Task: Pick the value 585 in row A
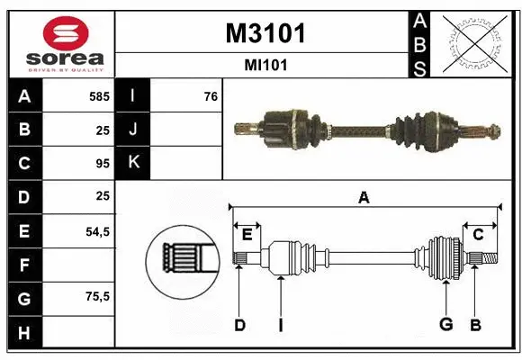(x=99, y=95)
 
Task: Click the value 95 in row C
(x=102, y=164)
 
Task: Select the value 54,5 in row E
(x=96, y=231)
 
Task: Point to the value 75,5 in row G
(x=96, y=298)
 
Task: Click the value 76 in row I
(x=210, y=95)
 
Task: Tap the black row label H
(x=24, y=333)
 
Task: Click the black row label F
(x=24, y=265)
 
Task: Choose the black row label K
(x=133, y=163)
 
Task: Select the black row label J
(x=133, y=130)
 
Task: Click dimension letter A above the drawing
(x=364, y=198)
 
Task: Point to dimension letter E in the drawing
(x=247, y=234)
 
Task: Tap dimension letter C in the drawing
(x=478, y=234)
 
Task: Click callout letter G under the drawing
(x=445, y=325)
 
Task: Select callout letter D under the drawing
(x=239, y=325)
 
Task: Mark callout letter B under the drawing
(x=475, y=325)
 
